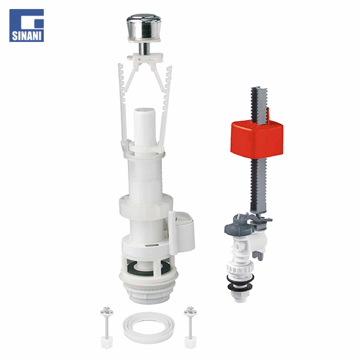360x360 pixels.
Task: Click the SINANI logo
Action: pos(26,25)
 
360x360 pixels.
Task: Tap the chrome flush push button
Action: pos(144,28)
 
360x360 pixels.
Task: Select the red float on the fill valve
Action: pos(257,139)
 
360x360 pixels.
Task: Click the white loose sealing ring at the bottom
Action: pos(148,328)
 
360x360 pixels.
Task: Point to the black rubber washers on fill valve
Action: pos(241,283)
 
